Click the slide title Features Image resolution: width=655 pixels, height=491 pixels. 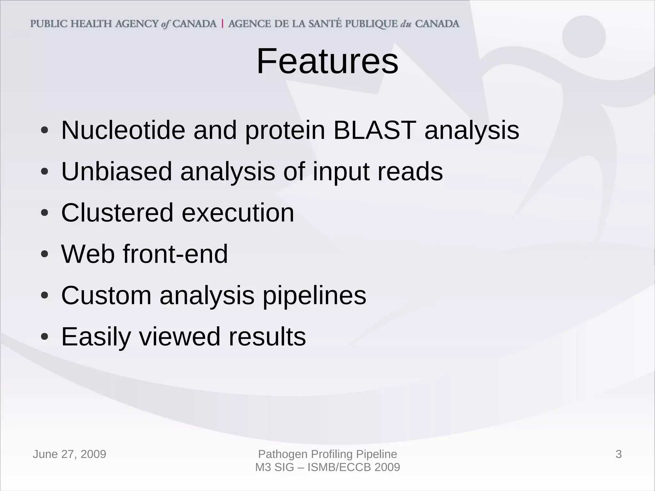click(327, 61)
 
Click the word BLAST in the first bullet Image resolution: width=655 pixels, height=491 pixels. click(375, 131)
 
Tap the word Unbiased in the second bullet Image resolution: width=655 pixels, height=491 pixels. click(116, 172)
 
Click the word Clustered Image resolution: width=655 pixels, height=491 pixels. click(117, 213)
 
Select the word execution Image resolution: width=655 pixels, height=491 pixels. click(238, 213)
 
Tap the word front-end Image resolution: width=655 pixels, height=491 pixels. click(175, 254)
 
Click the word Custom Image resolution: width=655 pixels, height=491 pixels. click(106, 296)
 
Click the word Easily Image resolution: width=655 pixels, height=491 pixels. click(96, 337)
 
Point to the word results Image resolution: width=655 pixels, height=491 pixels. click(267, 337)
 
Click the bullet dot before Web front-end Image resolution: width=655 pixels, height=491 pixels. click(45, 255)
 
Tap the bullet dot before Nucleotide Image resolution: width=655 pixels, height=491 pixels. click(45, 131)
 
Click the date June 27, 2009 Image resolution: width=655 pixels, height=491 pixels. click(69, 454)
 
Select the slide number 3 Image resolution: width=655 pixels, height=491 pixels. click(619, 454)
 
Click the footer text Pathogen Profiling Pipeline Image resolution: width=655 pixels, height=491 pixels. click(327, 454)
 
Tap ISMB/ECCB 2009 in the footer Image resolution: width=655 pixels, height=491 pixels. click(353, 467)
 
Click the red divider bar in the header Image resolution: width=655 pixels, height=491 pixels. click(222, 24)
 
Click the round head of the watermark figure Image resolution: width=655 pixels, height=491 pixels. click(584, 37)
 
